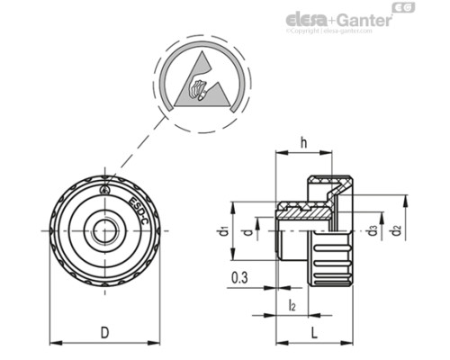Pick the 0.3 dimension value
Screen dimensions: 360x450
239,278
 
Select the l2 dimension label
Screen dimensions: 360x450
292,305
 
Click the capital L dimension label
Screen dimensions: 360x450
315,332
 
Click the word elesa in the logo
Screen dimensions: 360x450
309,19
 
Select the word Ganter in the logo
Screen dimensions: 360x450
364,19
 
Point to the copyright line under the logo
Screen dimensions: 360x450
328,31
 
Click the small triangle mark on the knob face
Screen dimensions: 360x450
105,190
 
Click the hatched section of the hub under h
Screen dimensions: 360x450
306,211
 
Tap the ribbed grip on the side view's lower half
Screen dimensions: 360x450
335,261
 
